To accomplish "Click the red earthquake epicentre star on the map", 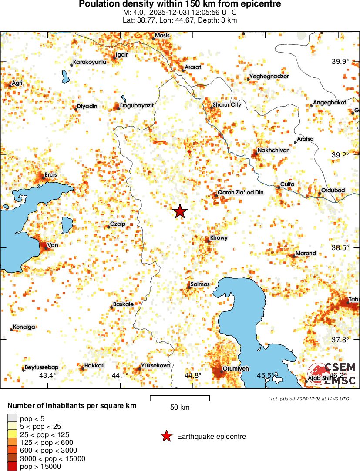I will (180, 211).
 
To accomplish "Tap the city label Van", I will (52, 245).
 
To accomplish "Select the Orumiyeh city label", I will (236, 369).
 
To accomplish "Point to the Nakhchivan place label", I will (273, 150).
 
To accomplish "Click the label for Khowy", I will (219, 238).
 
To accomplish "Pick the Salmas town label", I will (200, 284).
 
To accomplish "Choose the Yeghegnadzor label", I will (269, 77).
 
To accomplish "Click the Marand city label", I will (306, 253).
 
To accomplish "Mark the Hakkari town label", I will (94, 366).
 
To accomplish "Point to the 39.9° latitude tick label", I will (340, 62).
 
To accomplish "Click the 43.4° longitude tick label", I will (47, 375).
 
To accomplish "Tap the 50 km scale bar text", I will (179, 408).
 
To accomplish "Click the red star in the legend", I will (166, 436).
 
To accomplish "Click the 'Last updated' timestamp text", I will (309, 398).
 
